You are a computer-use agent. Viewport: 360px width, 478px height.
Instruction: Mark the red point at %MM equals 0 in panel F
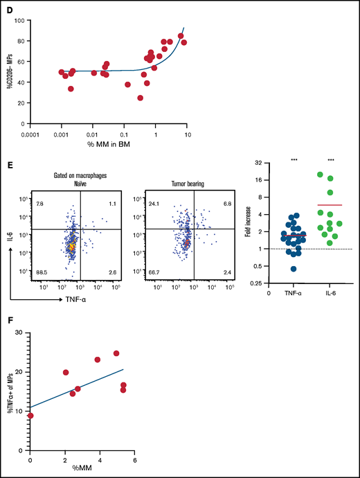tap(30, 416)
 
